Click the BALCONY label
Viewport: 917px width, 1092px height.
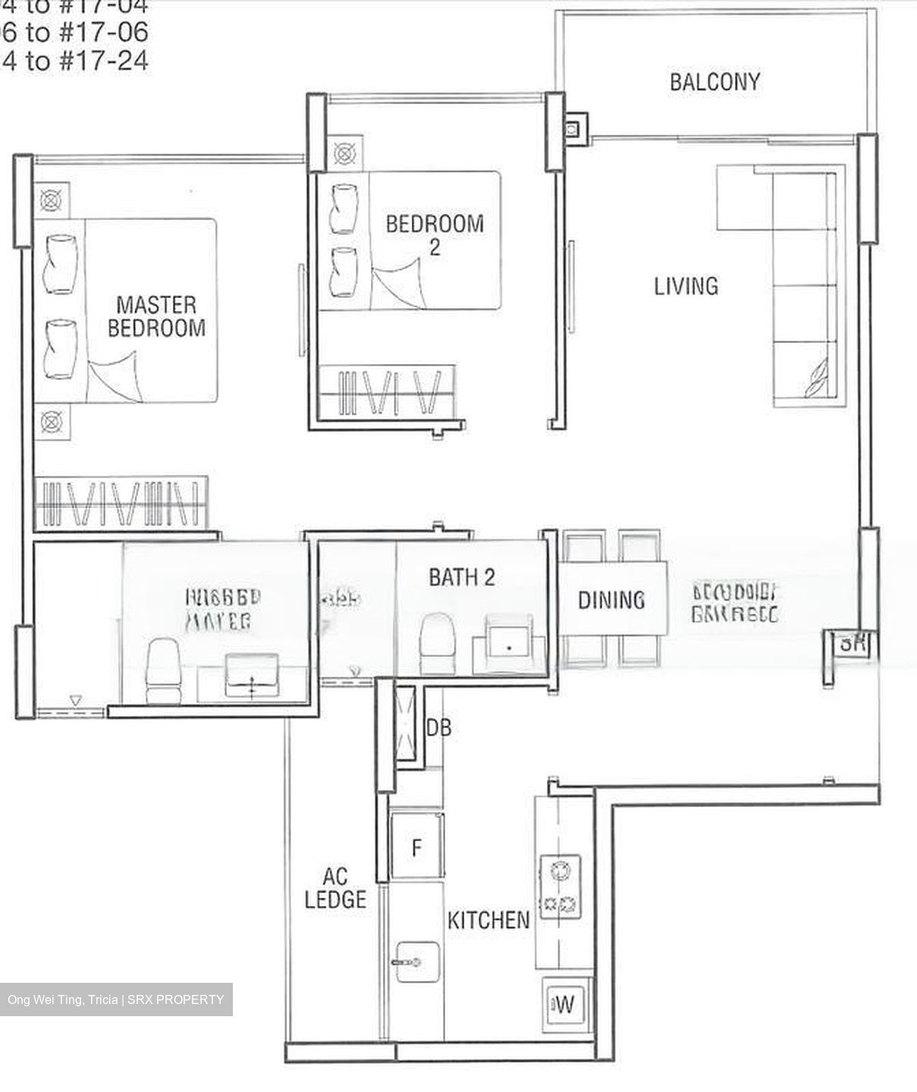[714, 82]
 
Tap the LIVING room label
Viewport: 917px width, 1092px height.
[686, 287]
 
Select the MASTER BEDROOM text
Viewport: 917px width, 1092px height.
[156, 317]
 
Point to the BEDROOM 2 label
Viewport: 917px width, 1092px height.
[434, 234]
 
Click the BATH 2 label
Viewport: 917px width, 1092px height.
[461, 577]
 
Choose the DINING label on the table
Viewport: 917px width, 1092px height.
[611, 601]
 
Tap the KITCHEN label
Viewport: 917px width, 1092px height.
[488, 921]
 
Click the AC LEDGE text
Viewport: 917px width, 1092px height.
[335, 889]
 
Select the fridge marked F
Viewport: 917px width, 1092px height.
[416, 847]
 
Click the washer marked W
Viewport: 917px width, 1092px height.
[564, 1006]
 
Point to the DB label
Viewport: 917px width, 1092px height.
[438, 728]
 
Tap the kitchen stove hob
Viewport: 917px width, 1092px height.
[559, 887]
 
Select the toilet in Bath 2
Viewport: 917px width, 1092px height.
[437, 644]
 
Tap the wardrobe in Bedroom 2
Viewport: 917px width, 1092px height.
[388, 392]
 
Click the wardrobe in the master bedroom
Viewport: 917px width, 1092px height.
[121, 503]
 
